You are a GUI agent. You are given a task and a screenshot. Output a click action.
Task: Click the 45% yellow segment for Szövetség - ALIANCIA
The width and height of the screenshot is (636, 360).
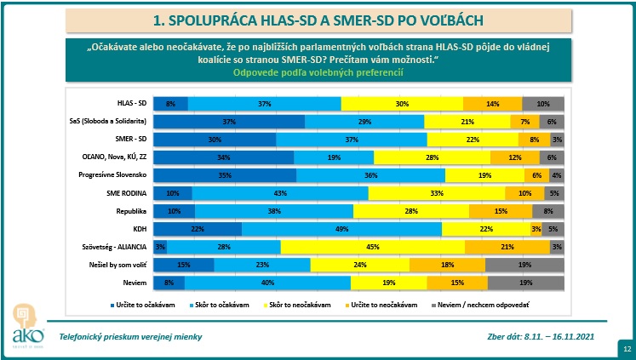(x=372, y=247)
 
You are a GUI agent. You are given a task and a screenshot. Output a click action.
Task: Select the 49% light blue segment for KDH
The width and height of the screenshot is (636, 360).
(x=341, y=228)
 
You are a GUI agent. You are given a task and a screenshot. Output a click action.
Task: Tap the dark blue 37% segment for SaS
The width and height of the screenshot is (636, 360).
(x=229, y=122)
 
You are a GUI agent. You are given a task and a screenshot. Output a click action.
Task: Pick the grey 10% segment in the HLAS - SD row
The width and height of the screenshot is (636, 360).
(x=543, y=103)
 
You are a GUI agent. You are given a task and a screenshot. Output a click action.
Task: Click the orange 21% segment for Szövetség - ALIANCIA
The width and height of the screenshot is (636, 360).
(x=507, y=247)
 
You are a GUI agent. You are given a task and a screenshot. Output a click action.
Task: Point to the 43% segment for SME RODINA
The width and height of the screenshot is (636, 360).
(x=279, y=192)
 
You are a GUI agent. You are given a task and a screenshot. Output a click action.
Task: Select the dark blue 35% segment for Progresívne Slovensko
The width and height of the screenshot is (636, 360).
(x=225, y=174)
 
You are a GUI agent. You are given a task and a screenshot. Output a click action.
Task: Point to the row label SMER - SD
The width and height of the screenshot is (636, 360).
(x=132, y=139)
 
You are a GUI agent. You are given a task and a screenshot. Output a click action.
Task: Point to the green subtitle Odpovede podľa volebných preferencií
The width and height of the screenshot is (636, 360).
(x=318, y=73)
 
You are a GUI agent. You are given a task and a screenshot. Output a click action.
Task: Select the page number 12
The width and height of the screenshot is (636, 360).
(x=627, y=348)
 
